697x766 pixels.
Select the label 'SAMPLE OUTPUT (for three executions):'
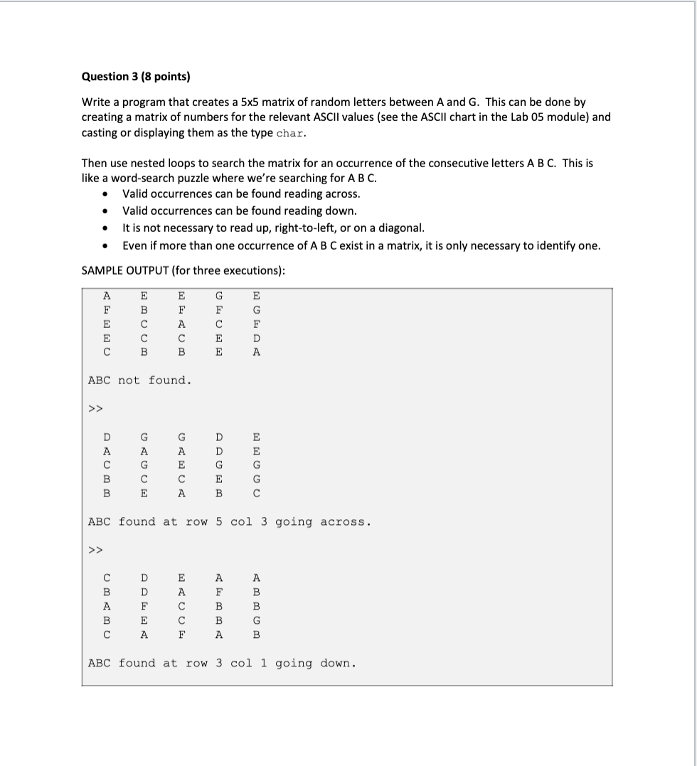pos(183,271)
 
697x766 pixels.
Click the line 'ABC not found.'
pos(139,381)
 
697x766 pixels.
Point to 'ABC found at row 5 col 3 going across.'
pos(229,522)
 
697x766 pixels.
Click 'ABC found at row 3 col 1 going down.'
pos(221,664)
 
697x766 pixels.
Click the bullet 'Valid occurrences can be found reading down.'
pos(240,211)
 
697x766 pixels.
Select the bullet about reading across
pos(241,193)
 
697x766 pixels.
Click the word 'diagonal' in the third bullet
pos(402,228)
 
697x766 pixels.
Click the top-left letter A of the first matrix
pos(107,295)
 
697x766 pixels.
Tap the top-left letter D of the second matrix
pos(107,437)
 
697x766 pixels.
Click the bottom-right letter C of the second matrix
pos(257,493)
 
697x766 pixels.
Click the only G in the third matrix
pos(257,620)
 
